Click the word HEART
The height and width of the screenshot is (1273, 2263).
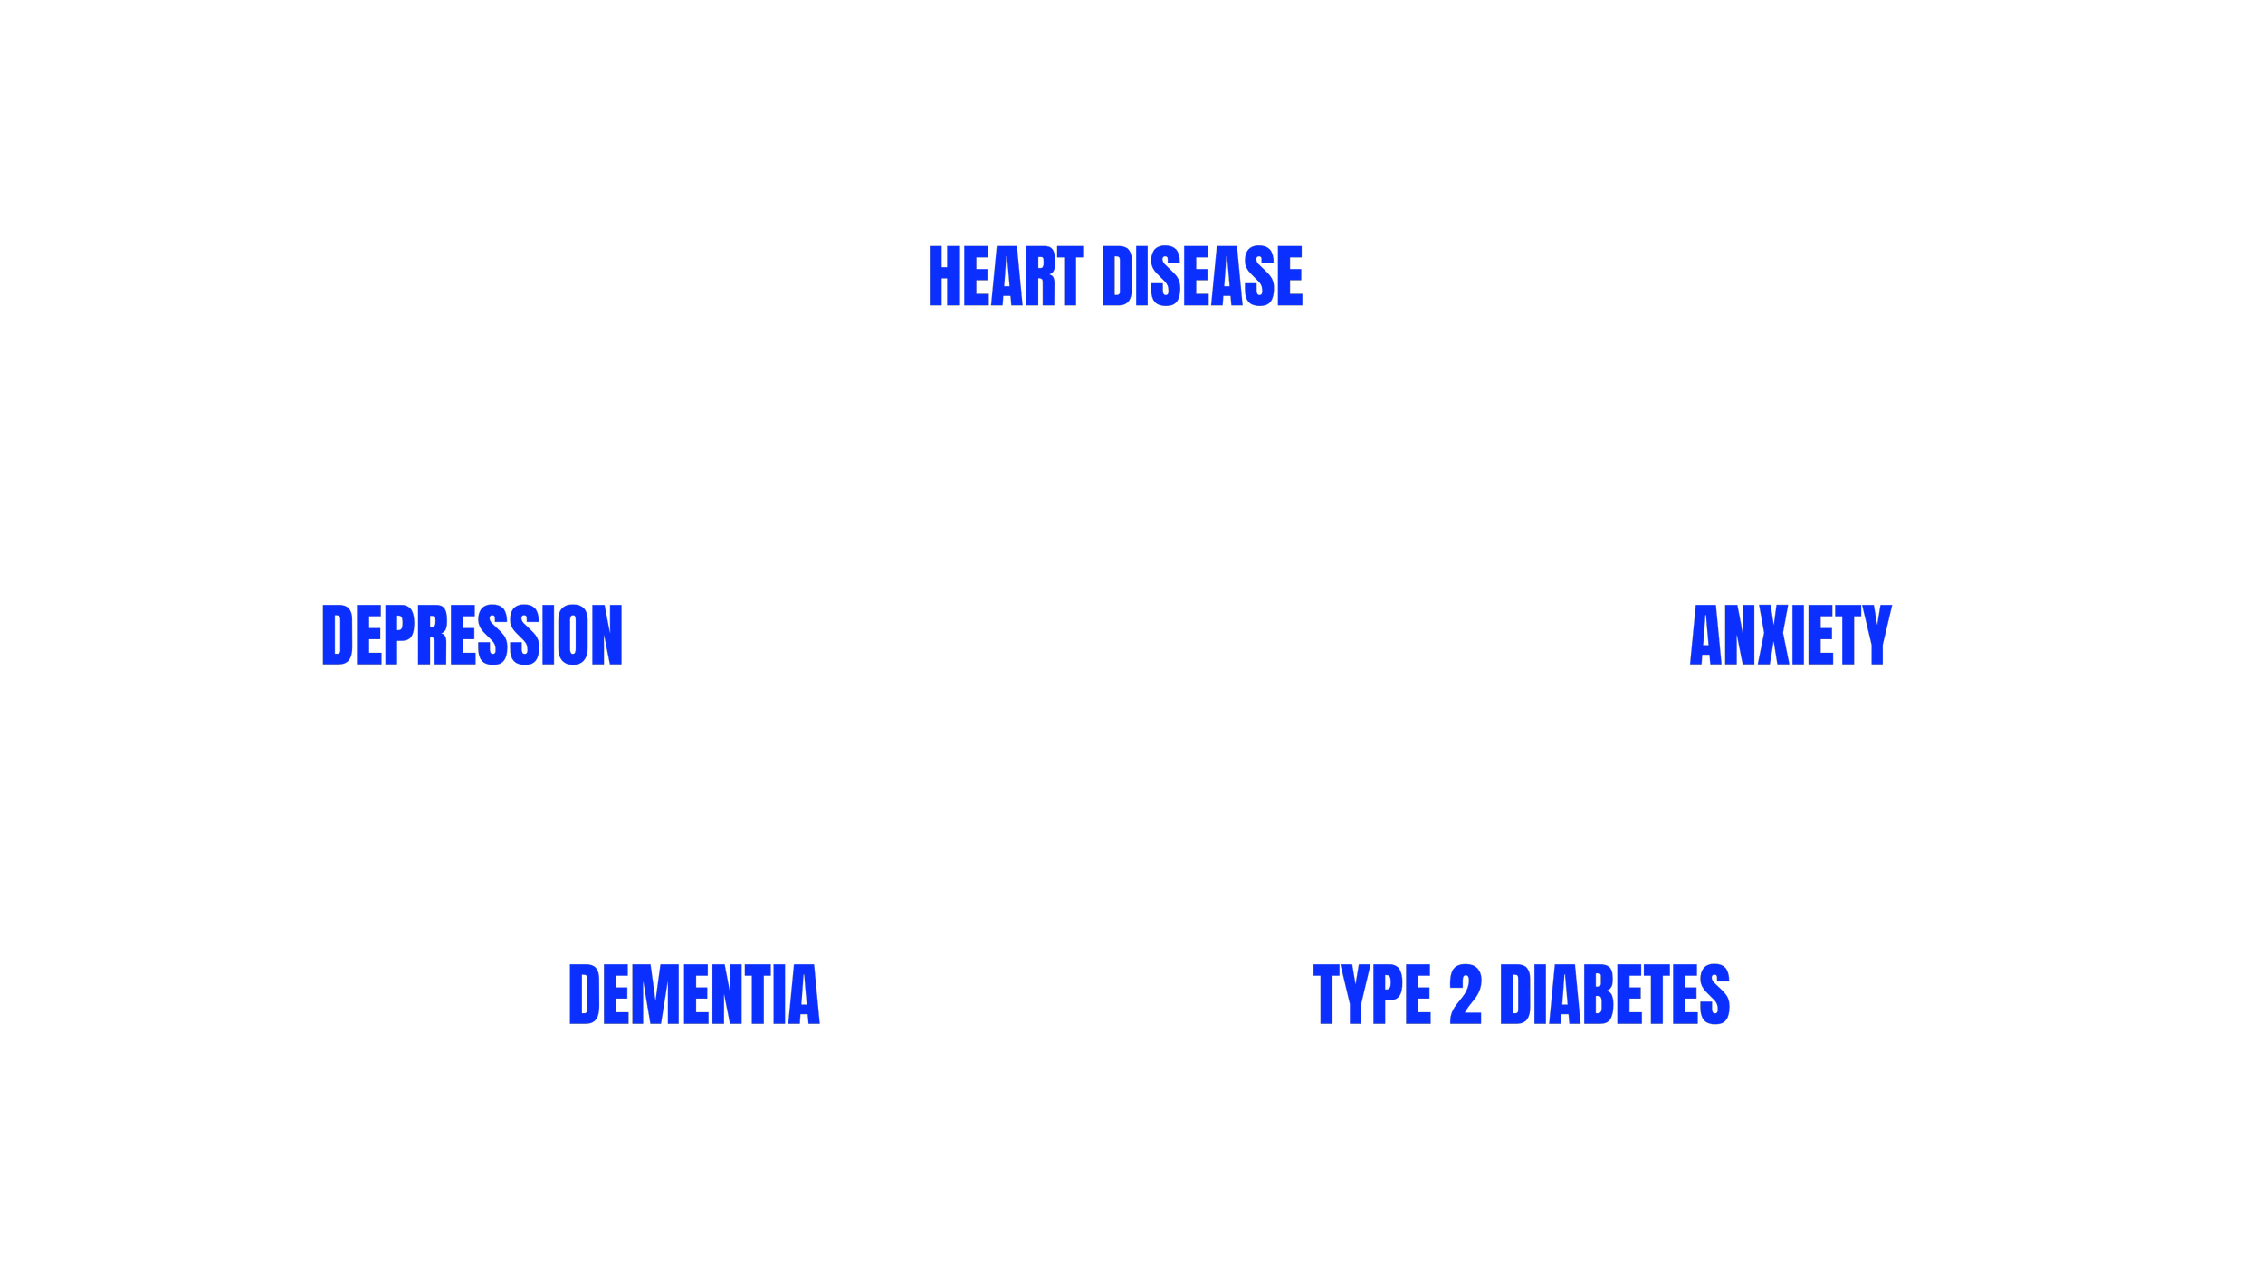pos(1006,275)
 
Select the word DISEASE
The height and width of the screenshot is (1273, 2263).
pos(1202,275)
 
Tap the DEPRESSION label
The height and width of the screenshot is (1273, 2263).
pos(472,635)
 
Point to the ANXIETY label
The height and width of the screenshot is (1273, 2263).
pos(1790,635)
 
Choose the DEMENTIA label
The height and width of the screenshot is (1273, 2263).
pos(694,994)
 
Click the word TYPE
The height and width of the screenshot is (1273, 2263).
pos(1372,994)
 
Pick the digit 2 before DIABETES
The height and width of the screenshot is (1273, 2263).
pos(1466,994)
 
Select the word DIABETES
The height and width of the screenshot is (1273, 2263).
pos(1615,994)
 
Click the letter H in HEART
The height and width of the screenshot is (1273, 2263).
pos(944,275)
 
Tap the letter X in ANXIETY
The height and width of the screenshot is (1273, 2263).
pos(1773,635)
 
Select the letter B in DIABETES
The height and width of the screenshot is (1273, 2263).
pos(1599,994)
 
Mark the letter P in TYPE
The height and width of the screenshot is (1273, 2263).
pos(1387,994)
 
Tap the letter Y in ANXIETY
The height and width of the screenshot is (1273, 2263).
pos(1877,635)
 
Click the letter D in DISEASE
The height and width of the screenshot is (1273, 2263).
pos(1117,275)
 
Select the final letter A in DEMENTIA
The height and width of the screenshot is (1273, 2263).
pos(804,994)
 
